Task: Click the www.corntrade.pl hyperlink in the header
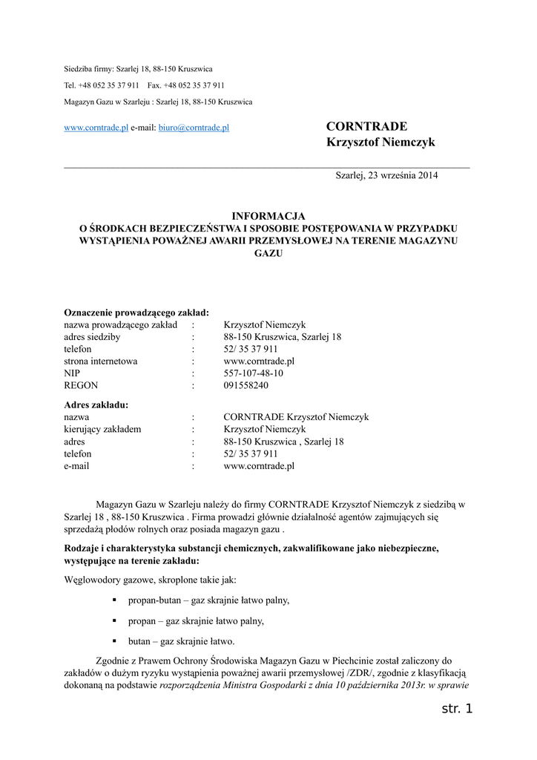pos(96,128)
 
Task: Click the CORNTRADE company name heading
pos(367,125)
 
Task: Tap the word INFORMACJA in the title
pos(268,215)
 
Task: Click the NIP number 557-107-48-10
pos(253,373)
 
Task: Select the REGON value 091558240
pos(246,386)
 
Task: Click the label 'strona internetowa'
pos(100,361)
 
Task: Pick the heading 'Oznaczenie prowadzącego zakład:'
pos(136,312)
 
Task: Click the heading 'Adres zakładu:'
pos(96,404)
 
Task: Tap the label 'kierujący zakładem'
pos(102,429)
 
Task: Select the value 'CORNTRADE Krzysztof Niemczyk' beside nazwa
pos(296,417)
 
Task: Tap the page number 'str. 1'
pos(456,710)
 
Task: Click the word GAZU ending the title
pos(268,253)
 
